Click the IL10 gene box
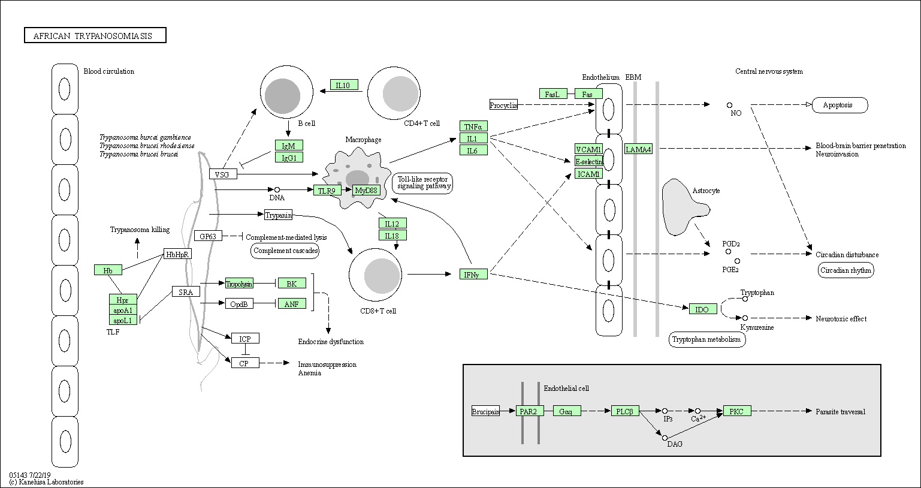[x=344, y=85]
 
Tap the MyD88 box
[x=366, y=190]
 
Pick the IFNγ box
[x=473, y=274]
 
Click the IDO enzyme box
[x=702, y=309]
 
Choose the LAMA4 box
[x=638, y=149]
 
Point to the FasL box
[x=552, y=94]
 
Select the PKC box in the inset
[x=737, y=411]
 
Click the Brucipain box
[x=485, y=411]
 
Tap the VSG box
[x=223, y=174]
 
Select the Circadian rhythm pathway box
[x=845, y=270]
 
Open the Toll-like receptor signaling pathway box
[x=422, y=183]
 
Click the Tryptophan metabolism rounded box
[x=707, y=339]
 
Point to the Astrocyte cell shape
[x=683, y=207]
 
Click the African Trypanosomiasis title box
[x=95, y=36]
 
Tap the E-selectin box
[x=588, y=161]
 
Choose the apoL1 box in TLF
[x=123, y=320]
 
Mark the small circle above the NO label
[x=729, y=105]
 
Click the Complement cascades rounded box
[x=285, y=251]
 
